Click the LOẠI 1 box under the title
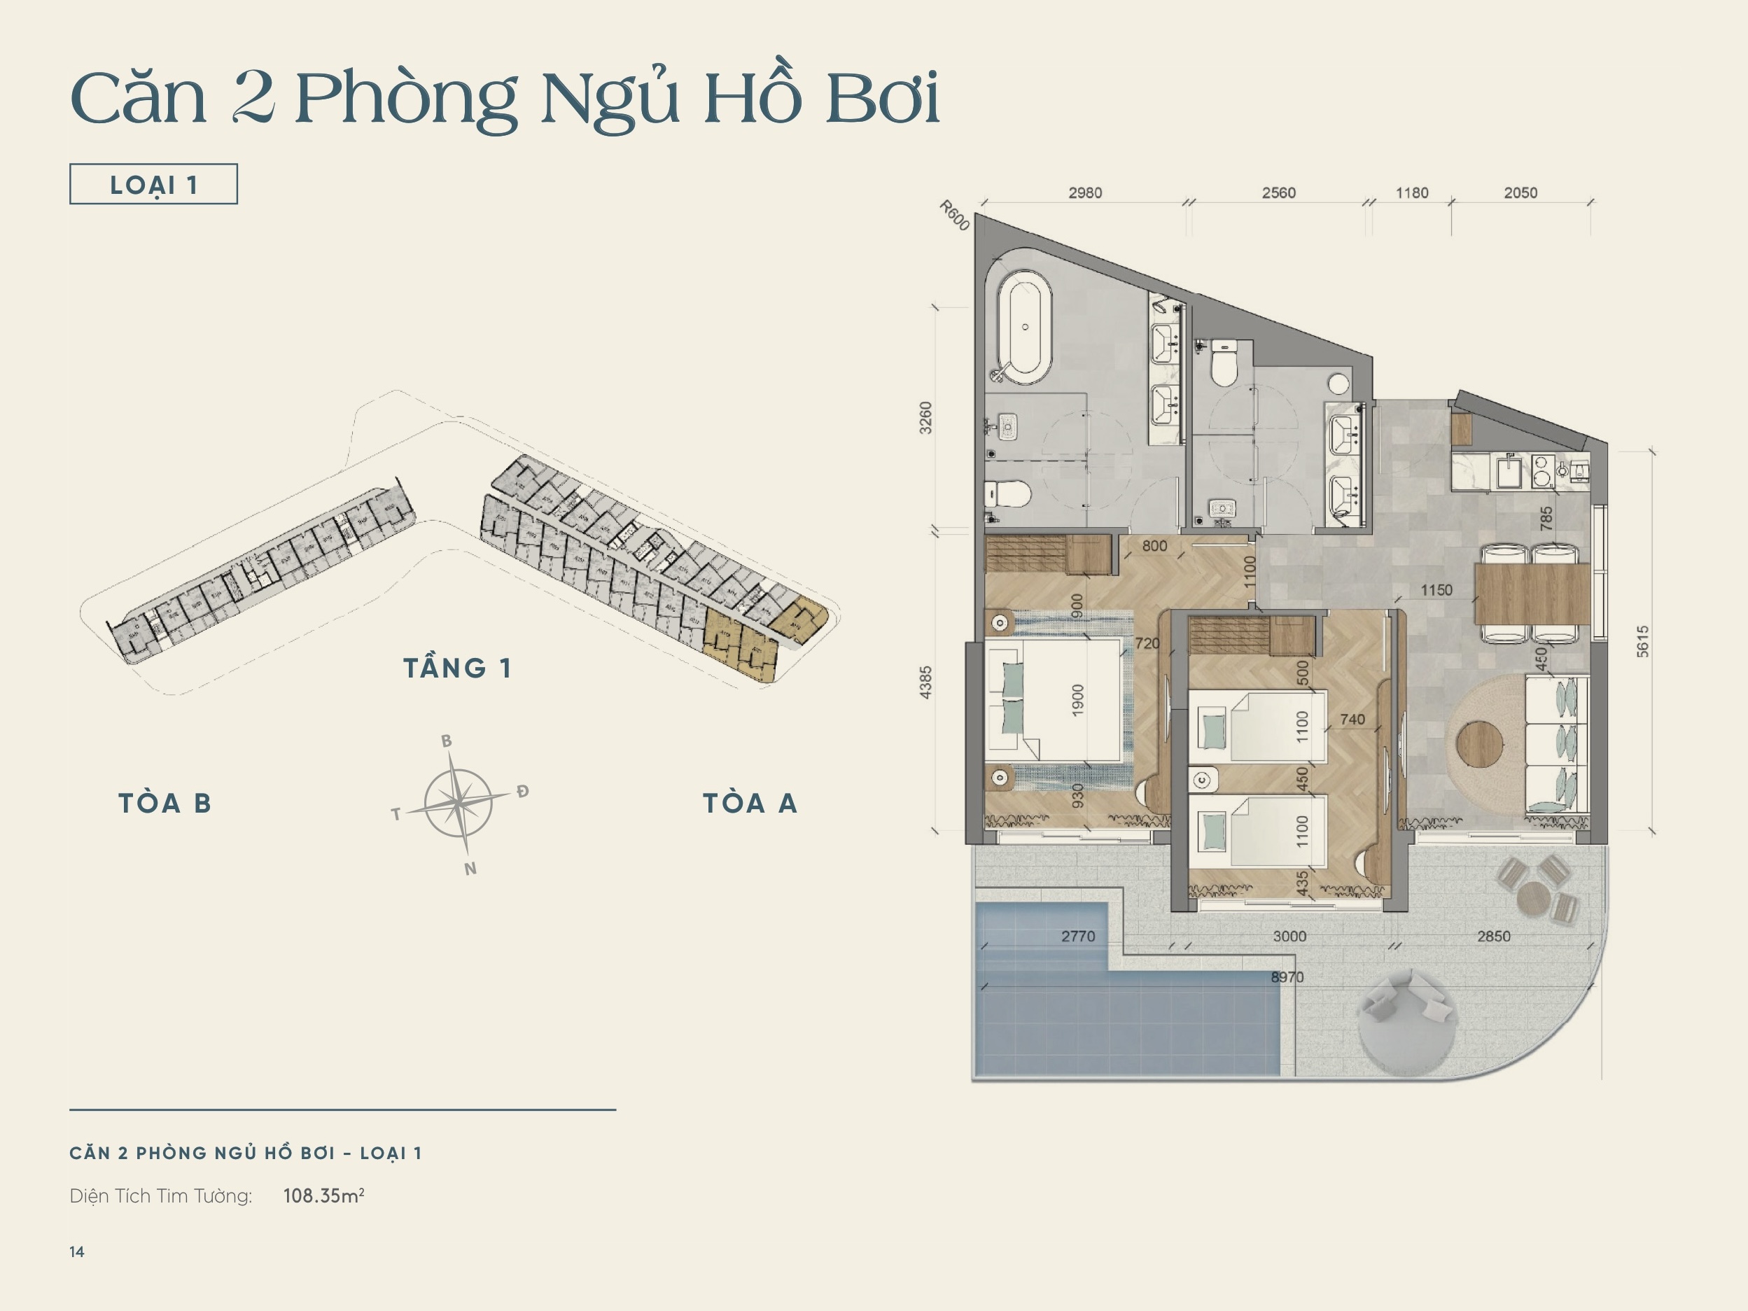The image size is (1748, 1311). pos(153,184)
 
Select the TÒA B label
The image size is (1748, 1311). pos(165,804)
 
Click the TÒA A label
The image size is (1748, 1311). pos(750,804)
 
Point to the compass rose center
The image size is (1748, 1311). pos(459,803)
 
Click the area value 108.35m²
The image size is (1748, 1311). pos(323,1196)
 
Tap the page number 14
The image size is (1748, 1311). pos(76,1252)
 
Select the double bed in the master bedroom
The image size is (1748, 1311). pos(1054,700)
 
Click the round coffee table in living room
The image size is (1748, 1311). pos(1478,743)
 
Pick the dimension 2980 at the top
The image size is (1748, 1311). pos(1085,192)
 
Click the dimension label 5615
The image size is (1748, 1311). pos(1643,641)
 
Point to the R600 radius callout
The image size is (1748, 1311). pos(954,215)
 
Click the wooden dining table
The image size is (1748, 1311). pos(1532,593)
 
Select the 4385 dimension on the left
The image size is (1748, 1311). pos(925,682)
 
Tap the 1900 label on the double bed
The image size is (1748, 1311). pos(1078,700)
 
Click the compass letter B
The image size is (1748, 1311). pos(447,741)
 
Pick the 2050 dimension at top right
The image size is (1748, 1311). pos(1520,192)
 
